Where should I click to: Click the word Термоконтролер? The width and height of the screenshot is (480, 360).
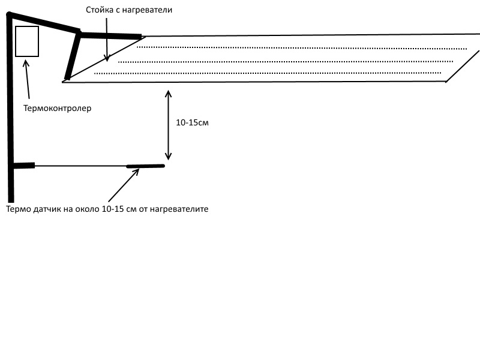(57, 109)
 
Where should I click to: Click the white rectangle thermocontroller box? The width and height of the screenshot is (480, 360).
(27, 41)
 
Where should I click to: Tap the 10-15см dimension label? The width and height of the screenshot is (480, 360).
(192, 122)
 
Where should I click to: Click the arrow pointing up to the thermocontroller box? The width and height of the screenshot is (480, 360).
(26, 78)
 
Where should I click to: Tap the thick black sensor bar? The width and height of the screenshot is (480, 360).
(145, 166)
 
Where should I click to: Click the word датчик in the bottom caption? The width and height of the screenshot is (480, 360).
(50, 209)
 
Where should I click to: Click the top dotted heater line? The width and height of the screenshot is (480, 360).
(300, 47)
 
